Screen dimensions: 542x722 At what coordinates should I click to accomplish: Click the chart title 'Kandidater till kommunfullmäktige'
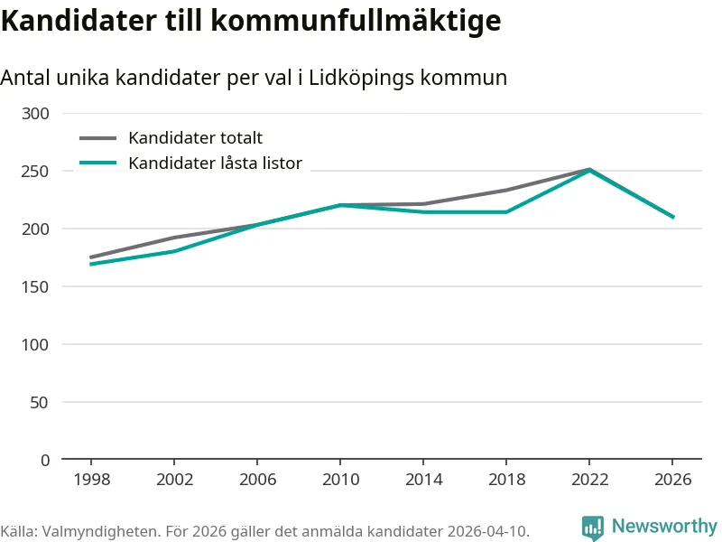250,21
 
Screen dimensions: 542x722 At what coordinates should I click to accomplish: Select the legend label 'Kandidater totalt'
195,138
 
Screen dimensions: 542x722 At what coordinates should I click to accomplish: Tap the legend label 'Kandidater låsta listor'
215,164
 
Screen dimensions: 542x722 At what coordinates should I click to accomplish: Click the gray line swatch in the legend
98,138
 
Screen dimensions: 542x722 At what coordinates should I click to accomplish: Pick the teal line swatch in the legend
98,164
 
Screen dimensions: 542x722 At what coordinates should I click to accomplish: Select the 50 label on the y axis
40,402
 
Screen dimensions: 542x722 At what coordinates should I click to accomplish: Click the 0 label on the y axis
45,460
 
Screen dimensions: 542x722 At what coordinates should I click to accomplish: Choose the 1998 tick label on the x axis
91,480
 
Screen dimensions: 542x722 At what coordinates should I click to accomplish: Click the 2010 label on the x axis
340,480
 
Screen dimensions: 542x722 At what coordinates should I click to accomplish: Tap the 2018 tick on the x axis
506,480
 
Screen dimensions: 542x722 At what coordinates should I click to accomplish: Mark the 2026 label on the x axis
672,480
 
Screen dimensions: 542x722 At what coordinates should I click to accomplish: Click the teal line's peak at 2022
589,170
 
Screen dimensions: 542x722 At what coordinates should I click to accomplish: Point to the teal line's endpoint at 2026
672,217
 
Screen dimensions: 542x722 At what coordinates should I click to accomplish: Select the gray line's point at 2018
506,190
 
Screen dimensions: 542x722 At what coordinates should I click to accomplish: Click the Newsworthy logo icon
593,528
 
